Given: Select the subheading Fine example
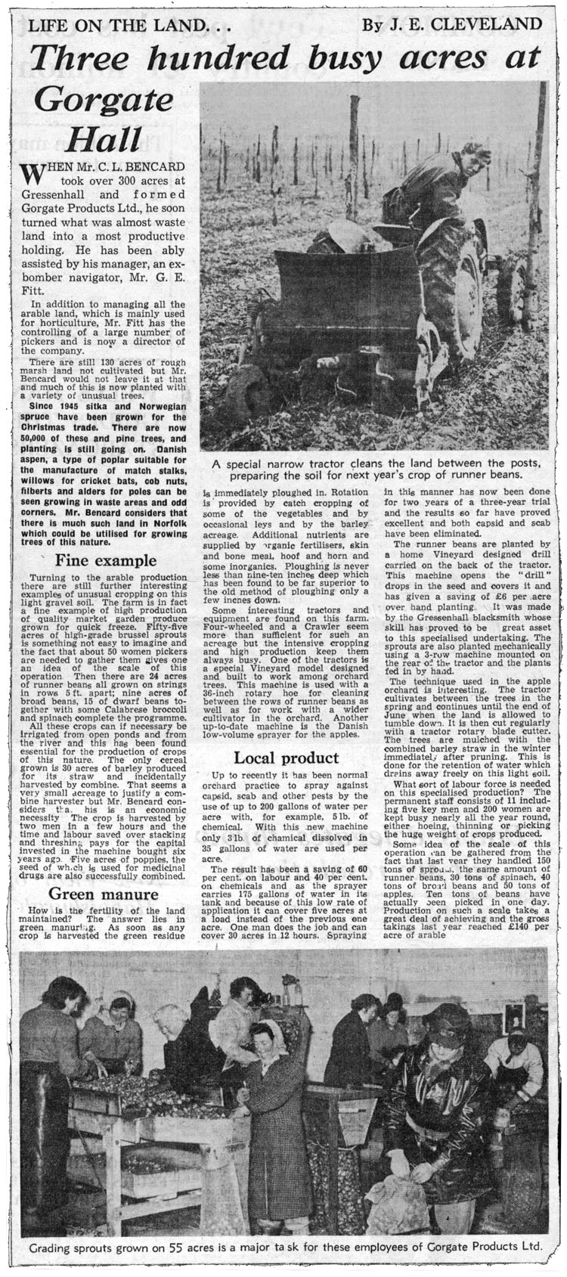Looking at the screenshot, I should (x=105, y=561).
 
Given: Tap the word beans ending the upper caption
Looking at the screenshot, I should (x=502, y=476).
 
